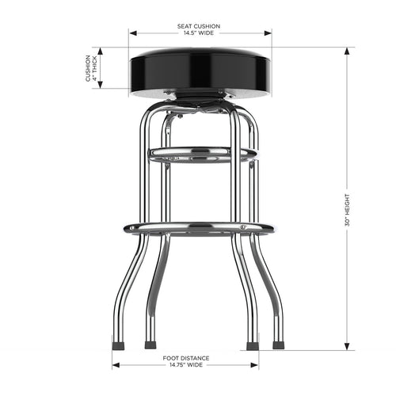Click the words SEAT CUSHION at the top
tap(199, 26)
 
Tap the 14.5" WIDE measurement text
tap(199, 33)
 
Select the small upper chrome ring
tap(203, 153)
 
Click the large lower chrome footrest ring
tap(199, 228)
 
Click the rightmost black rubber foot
tap(279, 345)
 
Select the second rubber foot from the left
tap(150, 345)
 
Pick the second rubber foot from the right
tap(252, 345)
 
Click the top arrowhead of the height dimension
tap(348, 49)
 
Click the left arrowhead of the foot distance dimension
tap(116, 365)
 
